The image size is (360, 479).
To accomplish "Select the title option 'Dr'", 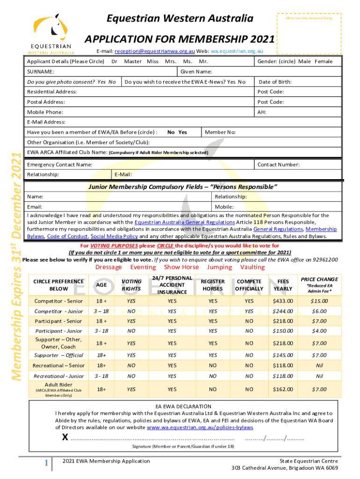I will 114,62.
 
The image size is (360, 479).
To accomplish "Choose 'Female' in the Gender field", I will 324,62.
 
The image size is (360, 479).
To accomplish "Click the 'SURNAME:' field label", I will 40,72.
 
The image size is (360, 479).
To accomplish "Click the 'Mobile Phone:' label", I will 45,112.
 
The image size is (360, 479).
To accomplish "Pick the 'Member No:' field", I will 220,132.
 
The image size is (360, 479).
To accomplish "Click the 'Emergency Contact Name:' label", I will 59,165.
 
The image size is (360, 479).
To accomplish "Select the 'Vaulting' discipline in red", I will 252,267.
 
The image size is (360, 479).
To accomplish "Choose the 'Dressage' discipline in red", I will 108,267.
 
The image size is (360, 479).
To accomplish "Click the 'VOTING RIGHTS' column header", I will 131,285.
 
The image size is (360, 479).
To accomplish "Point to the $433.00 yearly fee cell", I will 283,301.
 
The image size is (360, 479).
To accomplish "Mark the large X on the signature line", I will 65,438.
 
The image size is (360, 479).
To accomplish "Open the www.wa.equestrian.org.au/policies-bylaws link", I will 200,428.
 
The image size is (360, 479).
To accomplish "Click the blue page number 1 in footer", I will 46,463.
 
